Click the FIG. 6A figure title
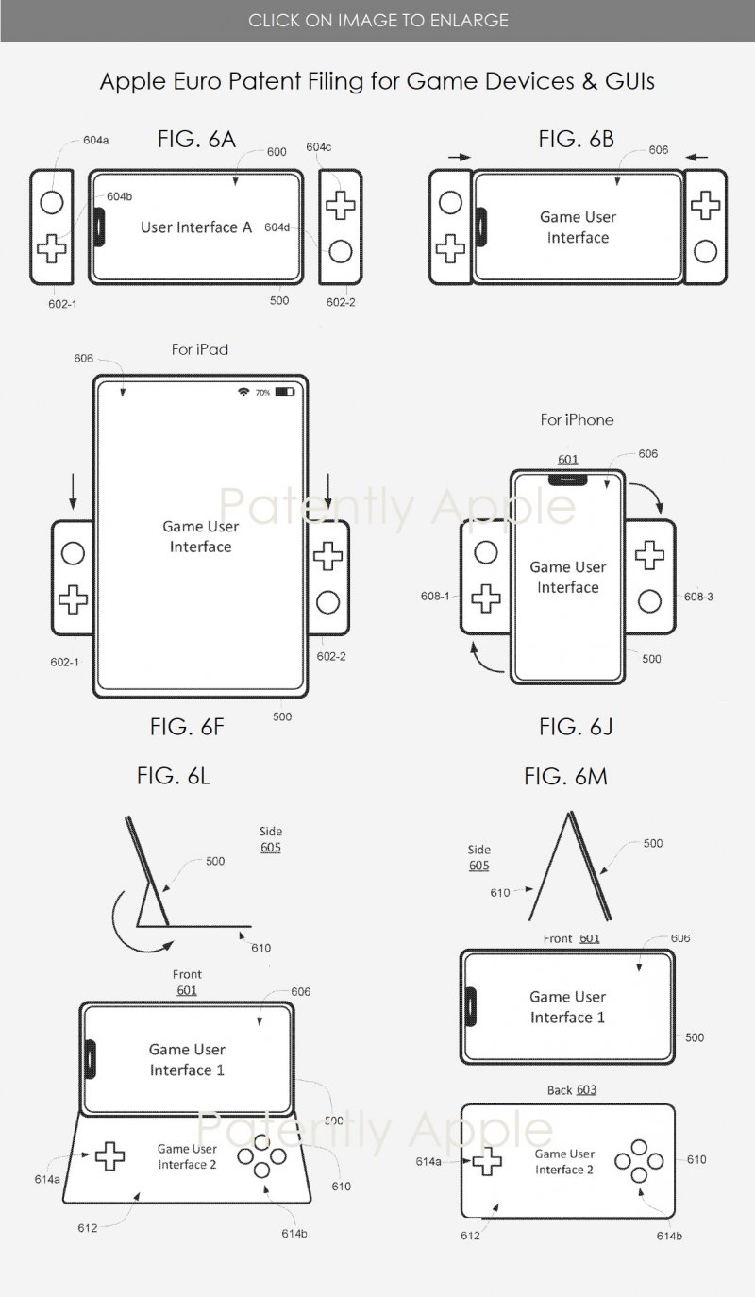(x=196, y=140)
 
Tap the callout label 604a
(x=95, y=140)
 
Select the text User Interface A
(x=196, y=227)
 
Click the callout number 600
(x=277, y=152)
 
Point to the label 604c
(x=318, y=147)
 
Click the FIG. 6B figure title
(x=577, y=140)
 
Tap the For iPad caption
(x=199, y=349)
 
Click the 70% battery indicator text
(x=262, y=392)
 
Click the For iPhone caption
(x=577, y=419)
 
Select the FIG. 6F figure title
(x=186, y=726)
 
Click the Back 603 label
(x=572, y=1089)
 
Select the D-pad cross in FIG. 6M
(x=487, y=1163)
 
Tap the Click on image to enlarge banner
(x=377, y=20)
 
